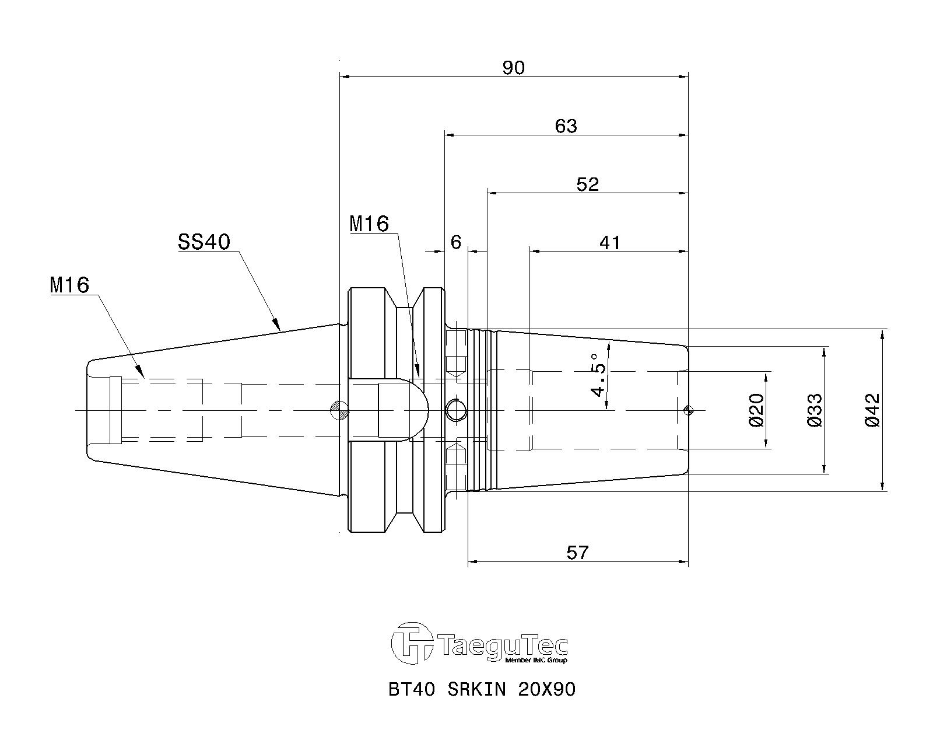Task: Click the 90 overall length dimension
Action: [513, 68]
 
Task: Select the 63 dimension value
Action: [566, 126]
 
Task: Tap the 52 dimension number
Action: [587, 184]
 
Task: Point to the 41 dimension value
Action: [609, 243]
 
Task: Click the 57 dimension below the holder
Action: [577, 553]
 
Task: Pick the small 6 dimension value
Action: [455, 243]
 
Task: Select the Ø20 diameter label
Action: [756, 410]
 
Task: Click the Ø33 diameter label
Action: [815, 410]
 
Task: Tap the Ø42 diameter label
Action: [873, 410]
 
